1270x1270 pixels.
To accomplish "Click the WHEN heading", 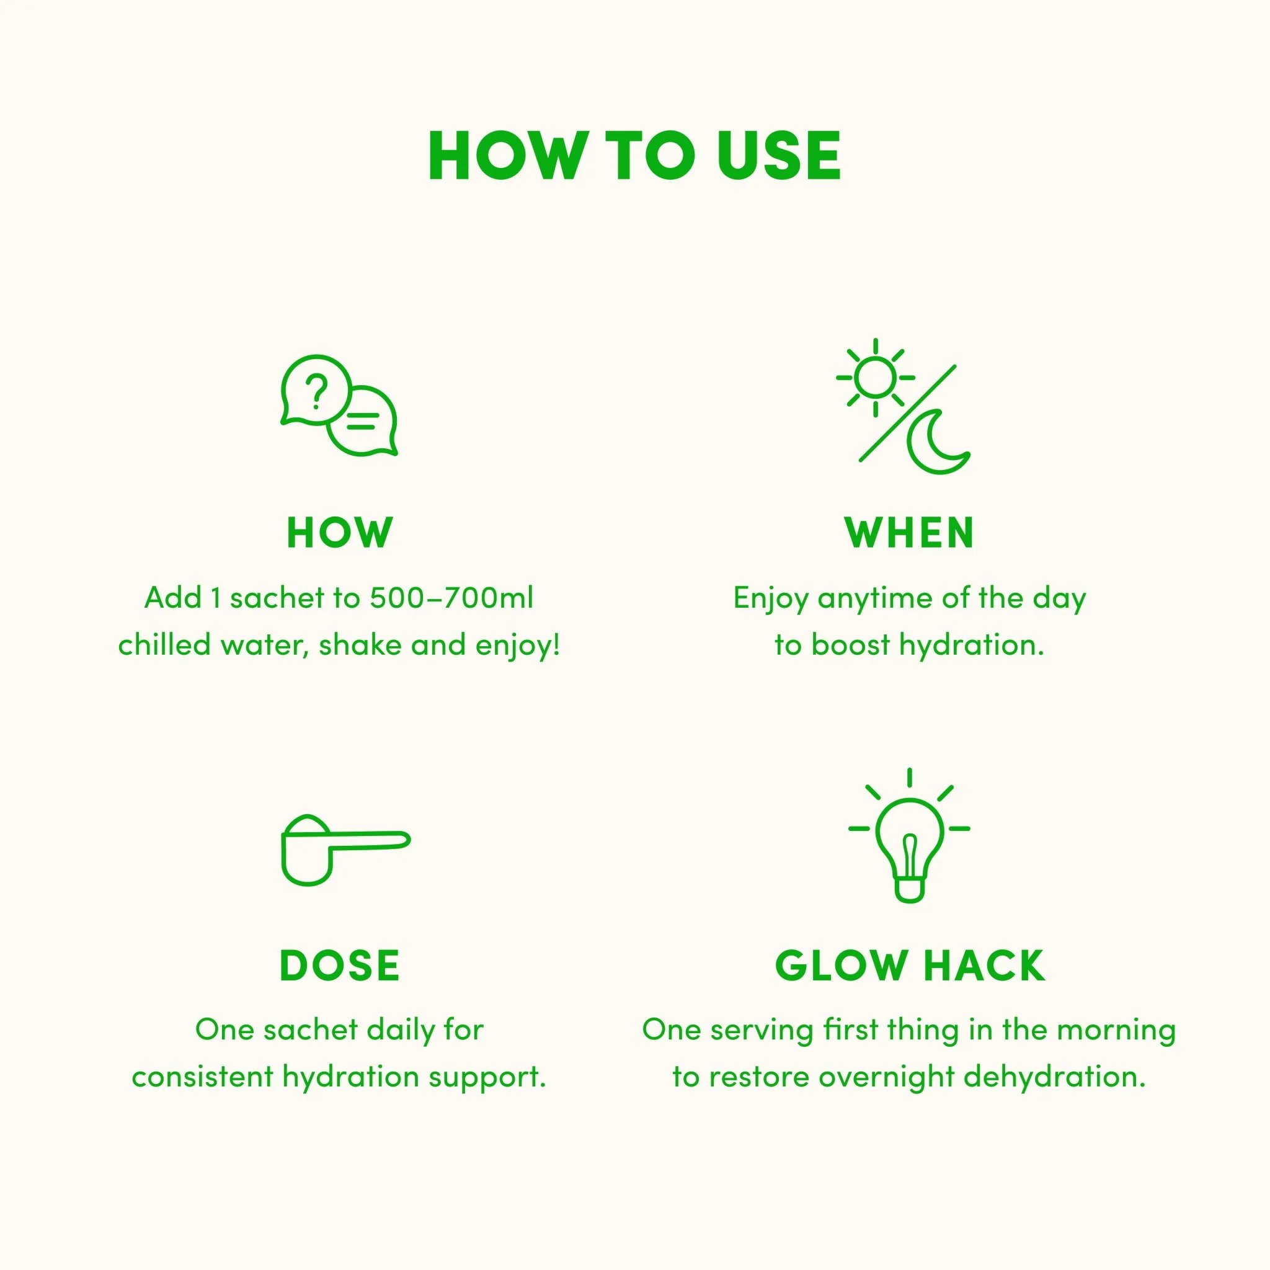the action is [x=909, y=533].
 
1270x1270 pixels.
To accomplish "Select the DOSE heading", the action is [x=339, y=966].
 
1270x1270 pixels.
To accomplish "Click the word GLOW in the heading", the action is [x=841, y=966].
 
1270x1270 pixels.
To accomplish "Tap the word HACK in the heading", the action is [x=984, y=966].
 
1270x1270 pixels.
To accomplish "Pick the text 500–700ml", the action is [x=451, y=598].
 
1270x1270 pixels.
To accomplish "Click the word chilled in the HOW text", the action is [x=164, y=645].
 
